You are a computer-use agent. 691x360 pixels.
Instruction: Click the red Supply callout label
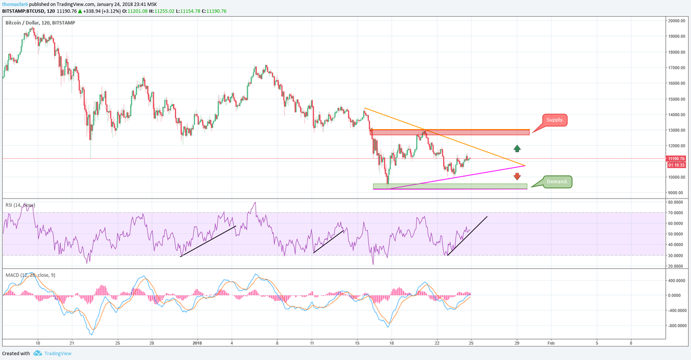click(x=554, y=120)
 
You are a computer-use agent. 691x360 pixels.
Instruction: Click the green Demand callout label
click(x=557, y=182)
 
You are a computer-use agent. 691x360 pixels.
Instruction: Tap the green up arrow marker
click(x=517, y=148)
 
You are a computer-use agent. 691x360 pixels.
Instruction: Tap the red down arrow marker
click(x=517, y=176)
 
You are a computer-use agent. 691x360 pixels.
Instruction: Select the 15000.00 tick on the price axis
click(x=677, y=99)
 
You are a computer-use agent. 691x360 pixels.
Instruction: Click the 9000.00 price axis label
click(x=678, y=193)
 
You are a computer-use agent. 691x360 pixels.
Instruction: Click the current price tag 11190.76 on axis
click(x=676, y=159)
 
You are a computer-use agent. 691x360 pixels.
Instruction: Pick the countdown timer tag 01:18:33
click(x=676, y=165)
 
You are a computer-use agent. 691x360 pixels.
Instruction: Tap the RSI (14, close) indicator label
click(x=21, y=205)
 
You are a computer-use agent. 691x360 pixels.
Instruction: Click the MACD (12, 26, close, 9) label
click(x=30, y=275)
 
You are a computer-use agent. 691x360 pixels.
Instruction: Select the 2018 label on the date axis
click(x=197, y=343)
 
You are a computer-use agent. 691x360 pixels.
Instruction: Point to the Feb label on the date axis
click(x=551, y=343)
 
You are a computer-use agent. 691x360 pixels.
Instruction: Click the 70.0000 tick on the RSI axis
click(x=677, y=213)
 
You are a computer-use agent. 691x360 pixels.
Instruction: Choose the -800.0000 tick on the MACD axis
click(x=676, y=325)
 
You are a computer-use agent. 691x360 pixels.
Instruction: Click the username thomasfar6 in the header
click(x=15, y=4)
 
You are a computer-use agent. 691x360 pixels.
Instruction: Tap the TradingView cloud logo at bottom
click(x=38, y=353)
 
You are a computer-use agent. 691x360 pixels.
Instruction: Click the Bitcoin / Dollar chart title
click(x=40, y=23)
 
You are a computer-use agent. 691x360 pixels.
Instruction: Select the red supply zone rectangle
click(x=450, y=132)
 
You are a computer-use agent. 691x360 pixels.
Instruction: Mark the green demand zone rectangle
click(x=450, y=186)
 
